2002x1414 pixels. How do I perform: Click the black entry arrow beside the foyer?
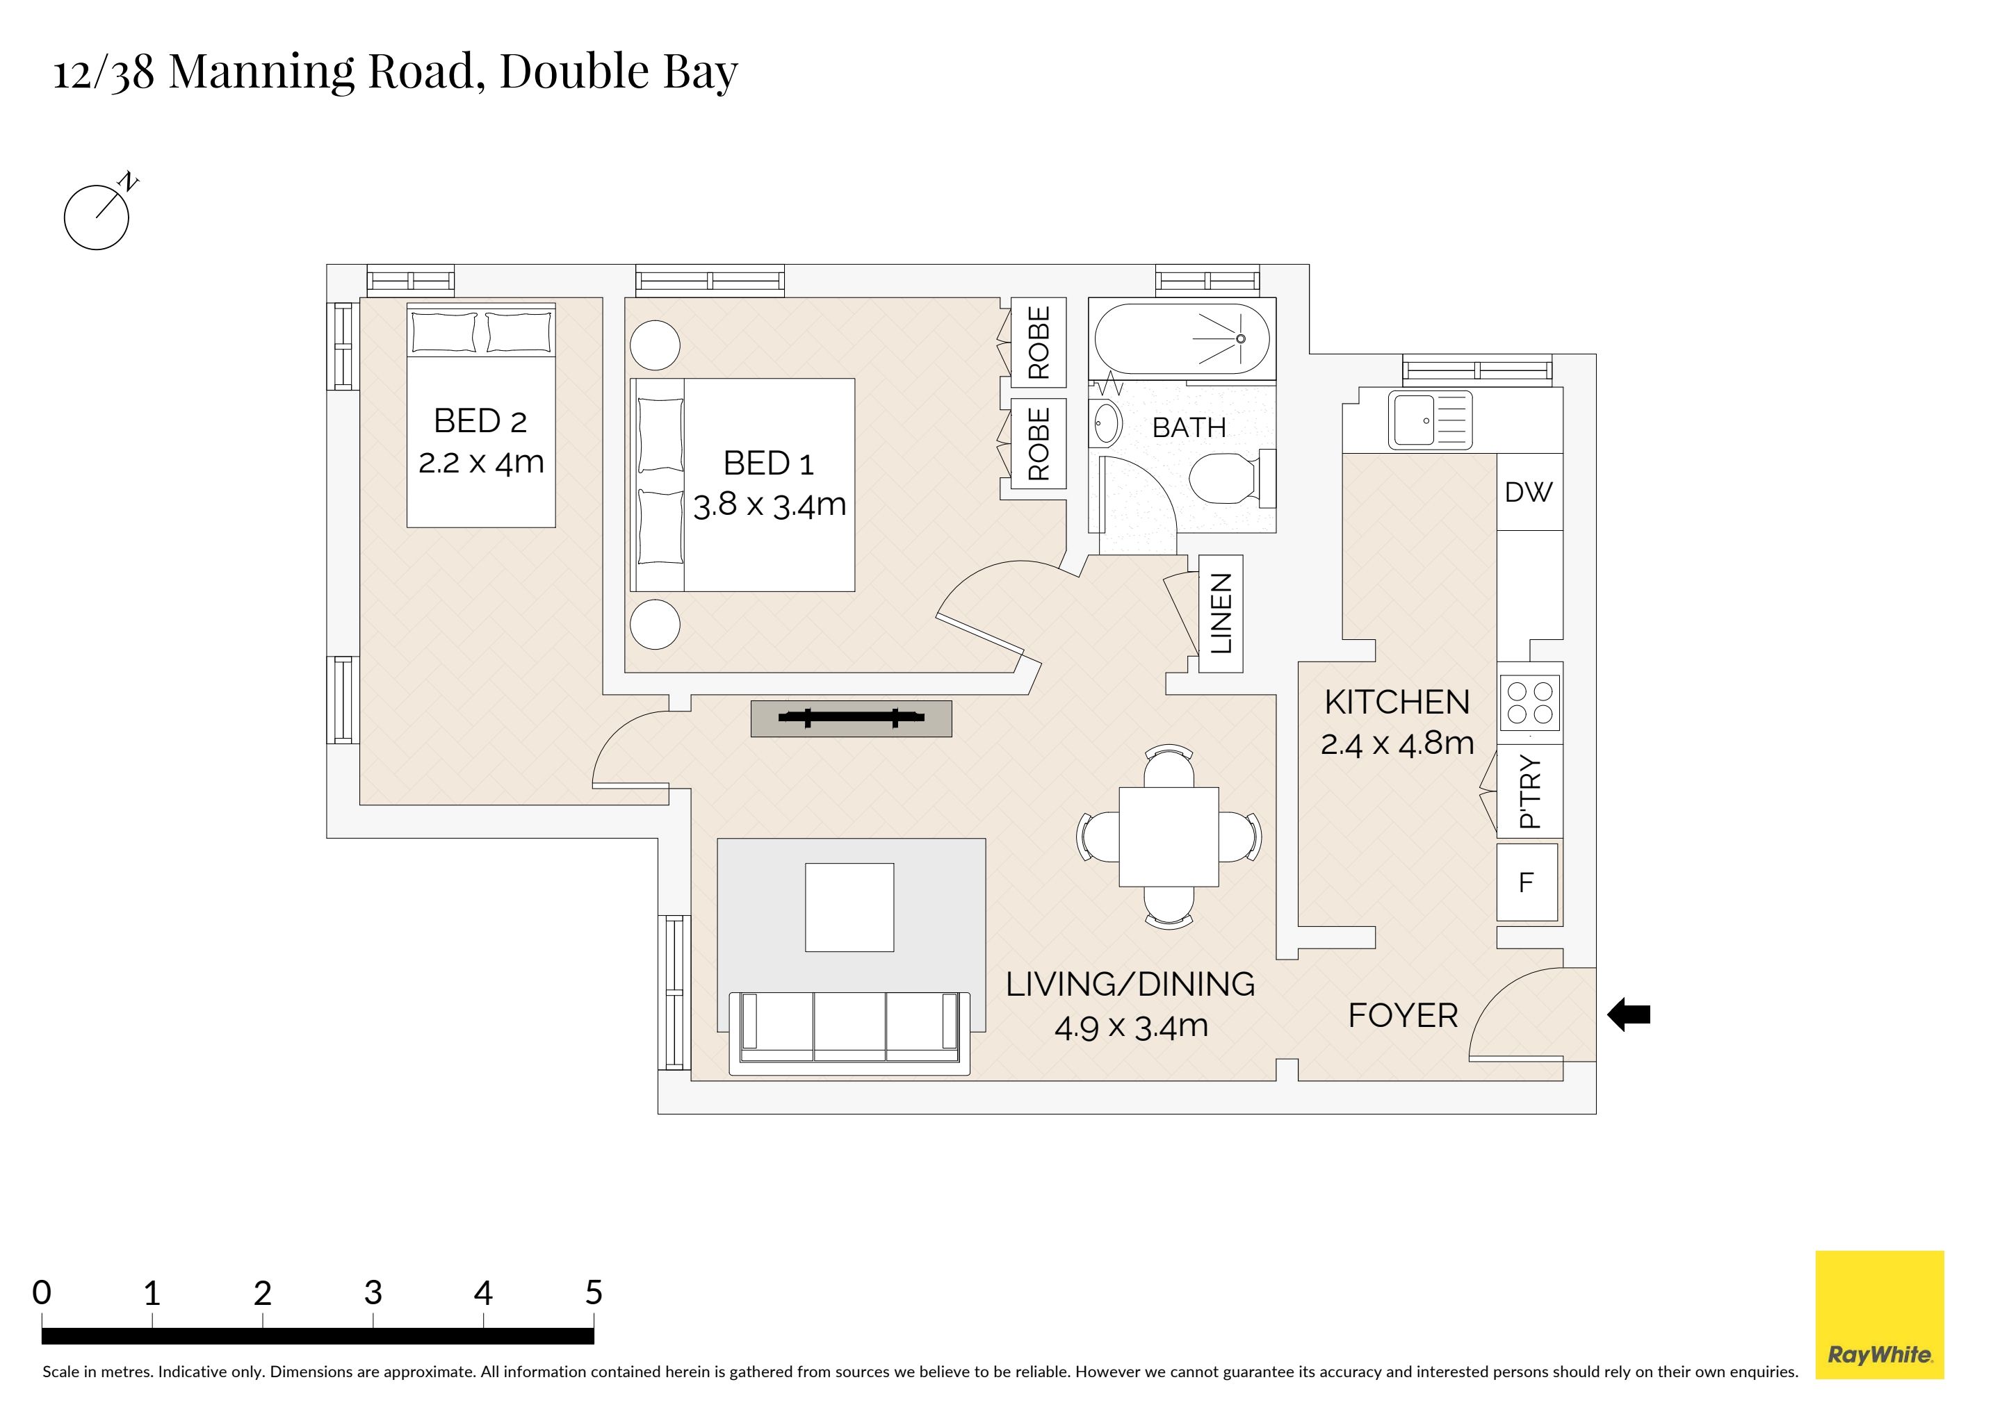point(1628,1014)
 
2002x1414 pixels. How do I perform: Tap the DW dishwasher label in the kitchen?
point(1528,493)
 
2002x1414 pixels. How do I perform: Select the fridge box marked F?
point(1527,882)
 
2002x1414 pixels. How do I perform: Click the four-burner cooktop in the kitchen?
point(1530,703)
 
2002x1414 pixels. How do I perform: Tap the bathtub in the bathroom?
point(1182,338)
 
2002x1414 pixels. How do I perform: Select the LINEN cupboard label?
point(1221,614)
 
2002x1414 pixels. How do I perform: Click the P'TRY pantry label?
point(1529,791)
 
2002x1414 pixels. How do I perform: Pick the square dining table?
point(1169,836)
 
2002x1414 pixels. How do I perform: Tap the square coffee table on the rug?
point(849,907)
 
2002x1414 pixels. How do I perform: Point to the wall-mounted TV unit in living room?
point(851,719)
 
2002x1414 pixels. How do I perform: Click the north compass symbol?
point(97,216)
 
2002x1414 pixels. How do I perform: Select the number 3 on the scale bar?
point(373,1292)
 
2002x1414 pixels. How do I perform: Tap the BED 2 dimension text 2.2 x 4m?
point(481,462)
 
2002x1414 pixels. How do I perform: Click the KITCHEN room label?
point(1397,702)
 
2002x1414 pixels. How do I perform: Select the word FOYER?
point(1402,1016)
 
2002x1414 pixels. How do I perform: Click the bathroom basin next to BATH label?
point(1107,425)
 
